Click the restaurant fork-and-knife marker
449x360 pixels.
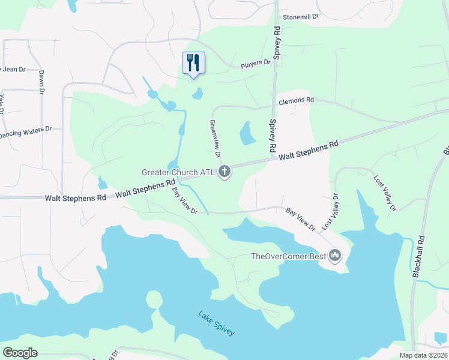(x=193, y=63)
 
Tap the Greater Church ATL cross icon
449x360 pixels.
(x=224, y=172)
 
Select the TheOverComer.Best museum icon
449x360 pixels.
(x=335, y=256)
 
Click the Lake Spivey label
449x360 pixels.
(x=217, y=323)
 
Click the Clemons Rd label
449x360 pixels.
(x=297, y=101)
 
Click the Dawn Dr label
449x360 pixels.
(x=42, y=82)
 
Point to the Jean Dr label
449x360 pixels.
(x=13, y=70)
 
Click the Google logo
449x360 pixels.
(x=20, y=353)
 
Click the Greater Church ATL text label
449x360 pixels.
(x=178, y=172)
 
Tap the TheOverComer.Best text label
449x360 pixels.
(x=288, y=257)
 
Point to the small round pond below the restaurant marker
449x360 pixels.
(x=197, y=94)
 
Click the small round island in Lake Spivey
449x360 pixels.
(x=154, y=298)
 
